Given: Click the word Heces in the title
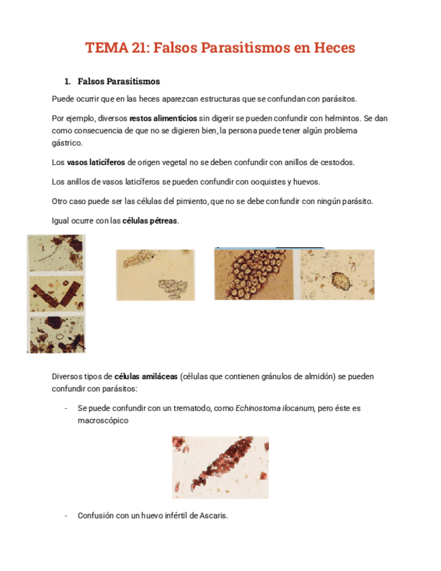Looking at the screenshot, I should pos(330,48).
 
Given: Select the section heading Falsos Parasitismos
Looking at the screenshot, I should pos(118,81).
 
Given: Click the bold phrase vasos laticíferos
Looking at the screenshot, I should pos(96,162).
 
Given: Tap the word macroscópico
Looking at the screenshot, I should pos(103,419).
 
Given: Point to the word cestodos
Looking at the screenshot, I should pos(337,162).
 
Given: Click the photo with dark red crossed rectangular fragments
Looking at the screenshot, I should pos(56,294).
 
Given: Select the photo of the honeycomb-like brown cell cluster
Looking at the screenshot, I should pos(256,274).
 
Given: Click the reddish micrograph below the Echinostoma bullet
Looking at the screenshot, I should pos(220,467).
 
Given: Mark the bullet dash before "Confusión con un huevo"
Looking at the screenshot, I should pos(66,516).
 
